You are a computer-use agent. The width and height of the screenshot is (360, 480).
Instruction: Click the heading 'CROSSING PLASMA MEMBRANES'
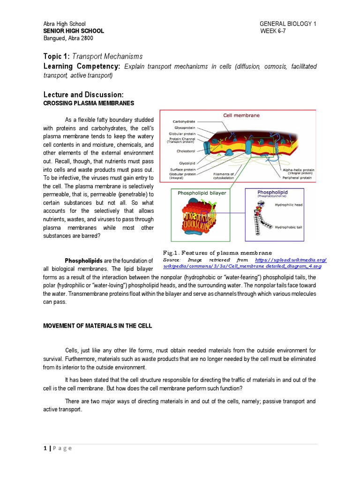coord(89,103)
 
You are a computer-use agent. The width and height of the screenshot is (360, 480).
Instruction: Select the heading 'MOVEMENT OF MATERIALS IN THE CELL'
coord(97,326)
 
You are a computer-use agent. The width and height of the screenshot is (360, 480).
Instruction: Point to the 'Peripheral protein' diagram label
coord(296,178)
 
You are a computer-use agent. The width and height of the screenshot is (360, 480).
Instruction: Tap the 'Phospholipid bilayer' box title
coord(199,193)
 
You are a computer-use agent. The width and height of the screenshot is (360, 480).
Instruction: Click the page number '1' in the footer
coord(44,449)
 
